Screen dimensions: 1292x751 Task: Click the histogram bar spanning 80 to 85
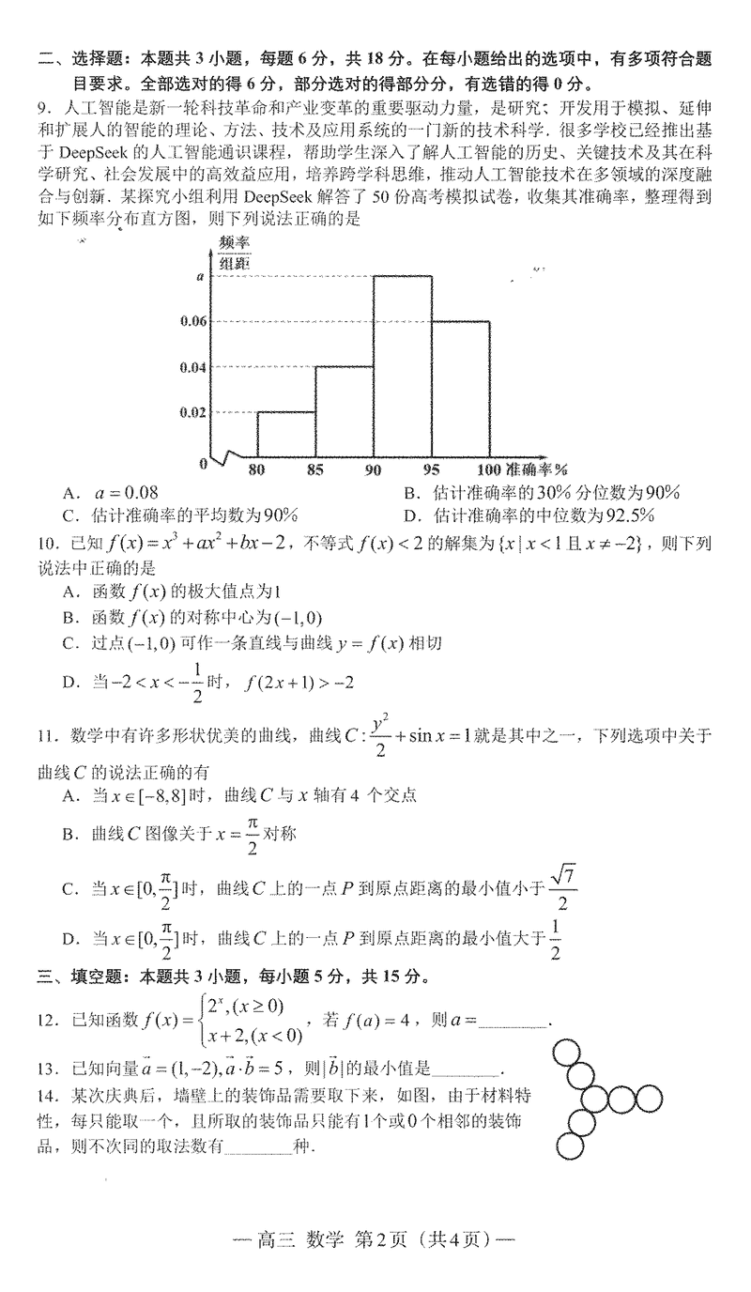pos(285,437)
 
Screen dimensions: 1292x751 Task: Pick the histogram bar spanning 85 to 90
pos(345,413)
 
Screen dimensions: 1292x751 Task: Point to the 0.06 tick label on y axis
pos(192,321)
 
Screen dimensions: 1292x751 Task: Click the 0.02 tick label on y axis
pos(192,412)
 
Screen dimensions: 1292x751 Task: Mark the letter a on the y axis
pos(200,277)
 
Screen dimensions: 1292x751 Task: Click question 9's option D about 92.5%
pos(529,515)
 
